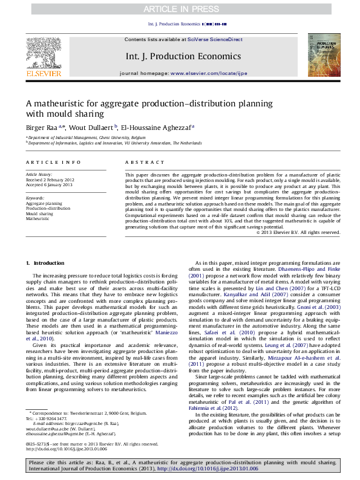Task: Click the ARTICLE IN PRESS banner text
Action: [180, 9]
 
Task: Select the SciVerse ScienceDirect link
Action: [215, 39]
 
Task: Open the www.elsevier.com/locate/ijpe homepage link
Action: [209, 73]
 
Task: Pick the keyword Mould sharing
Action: [39, 213]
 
